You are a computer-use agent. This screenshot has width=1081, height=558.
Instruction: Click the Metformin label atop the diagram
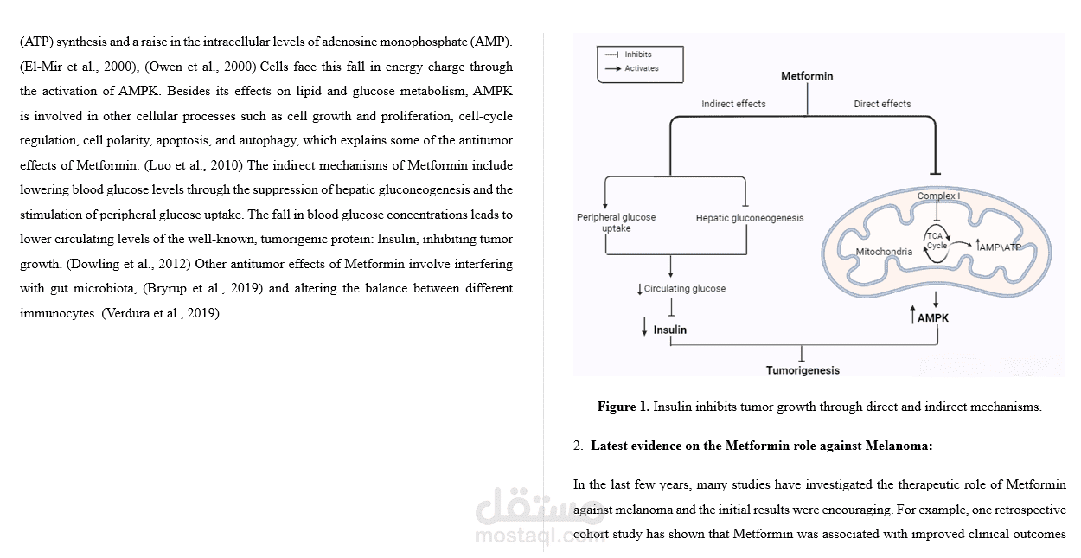click(807, 76)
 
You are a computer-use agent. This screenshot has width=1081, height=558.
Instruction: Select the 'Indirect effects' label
click(733, 104)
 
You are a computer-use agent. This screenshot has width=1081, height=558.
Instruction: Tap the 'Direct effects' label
click(882, 104)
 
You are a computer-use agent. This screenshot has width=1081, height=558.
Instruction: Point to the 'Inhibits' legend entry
click(637, 55)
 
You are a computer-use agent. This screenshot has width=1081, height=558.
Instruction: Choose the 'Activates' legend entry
click(641, 67)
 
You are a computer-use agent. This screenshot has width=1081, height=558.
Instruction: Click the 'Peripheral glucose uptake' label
click(616, 222)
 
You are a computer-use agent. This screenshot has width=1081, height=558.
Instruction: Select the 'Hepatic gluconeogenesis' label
click(749, 218)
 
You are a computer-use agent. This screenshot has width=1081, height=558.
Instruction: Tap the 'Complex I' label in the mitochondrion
click(937, 196)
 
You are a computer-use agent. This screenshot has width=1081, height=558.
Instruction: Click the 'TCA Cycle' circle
click(937, 241)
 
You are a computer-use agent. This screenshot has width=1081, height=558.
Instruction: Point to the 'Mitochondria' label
click(884, 252)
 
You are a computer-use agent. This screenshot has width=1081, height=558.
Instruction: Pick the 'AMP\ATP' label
click(1000, 247)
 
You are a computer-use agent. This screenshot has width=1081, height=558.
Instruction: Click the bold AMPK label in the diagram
click(932, 317)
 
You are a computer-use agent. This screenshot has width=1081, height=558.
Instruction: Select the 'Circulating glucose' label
click(684, 289)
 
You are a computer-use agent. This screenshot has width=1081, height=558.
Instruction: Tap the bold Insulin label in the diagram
click(669, 330)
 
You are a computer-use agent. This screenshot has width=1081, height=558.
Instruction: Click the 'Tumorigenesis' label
click(802, 370)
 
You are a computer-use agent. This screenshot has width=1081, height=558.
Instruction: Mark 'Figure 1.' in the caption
click(623, 407)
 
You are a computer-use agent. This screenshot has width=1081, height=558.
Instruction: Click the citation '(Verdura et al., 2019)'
click(161, 313)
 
